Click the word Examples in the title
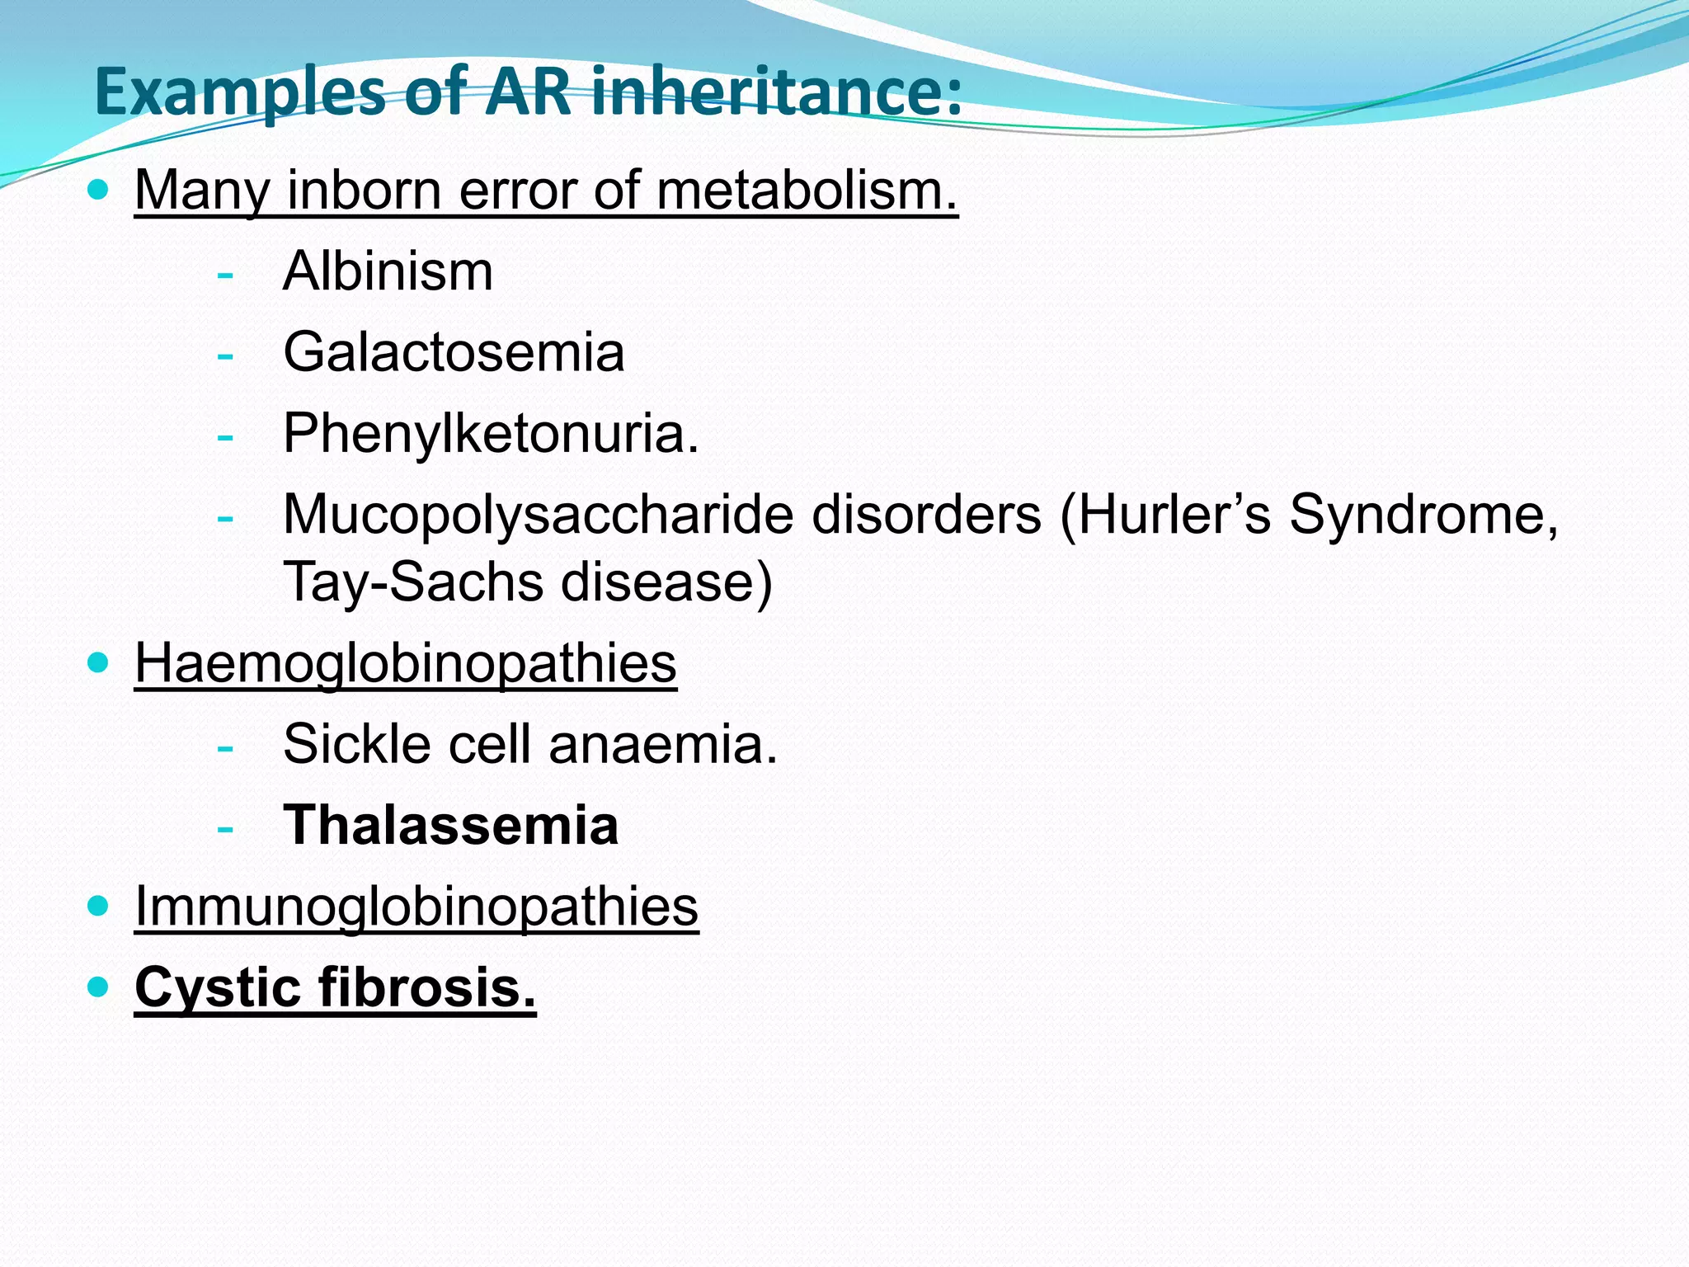(x=240, y=92)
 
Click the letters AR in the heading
(x=528, y=91)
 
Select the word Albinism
(x=388, y=271)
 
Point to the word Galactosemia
(x=454, y=352)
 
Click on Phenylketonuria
(x=491, y=433)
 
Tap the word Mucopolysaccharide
(x=538, y=515)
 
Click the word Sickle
(x=357, y=744)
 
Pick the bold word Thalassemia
(x=451, y=825)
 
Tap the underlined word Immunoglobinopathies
(x=416, y=907)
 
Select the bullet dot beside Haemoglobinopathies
(x=98, y=662)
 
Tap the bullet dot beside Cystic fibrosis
(x=98, y=987)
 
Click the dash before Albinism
(x=224, y=274)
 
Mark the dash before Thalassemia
(x=224, y=827)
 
